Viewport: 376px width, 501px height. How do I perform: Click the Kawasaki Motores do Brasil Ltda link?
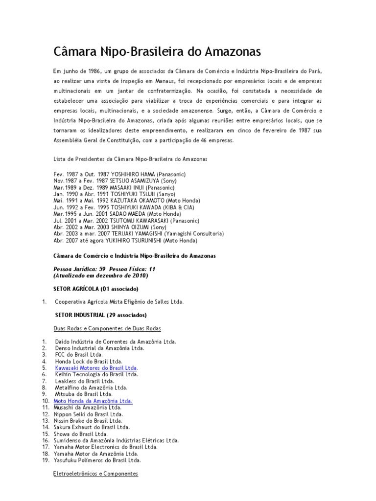tap(96, 367)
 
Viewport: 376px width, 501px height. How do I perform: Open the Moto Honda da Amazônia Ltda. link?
tap(93, 401)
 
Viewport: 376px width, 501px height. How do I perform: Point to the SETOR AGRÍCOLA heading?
tap(95, 289)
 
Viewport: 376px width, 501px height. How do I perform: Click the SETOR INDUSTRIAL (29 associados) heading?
tap(101, 315)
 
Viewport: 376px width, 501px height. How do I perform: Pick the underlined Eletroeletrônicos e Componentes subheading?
tap(95, 474)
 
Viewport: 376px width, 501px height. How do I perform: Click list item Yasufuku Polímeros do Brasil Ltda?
tap(98, 460)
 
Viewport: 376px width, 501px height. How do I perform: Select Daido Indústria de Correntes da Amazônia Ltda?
tap(116, 341)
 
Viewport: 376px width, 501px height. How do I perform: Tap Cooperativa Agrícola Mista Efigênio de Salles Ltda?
tap(119, 302)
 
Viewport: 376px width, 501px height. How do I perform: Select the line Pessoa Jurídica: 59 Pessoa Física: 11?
tap(104, 269)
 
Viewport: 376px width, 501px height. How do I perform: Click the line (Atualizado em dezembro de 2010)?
tap(100, 275)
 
